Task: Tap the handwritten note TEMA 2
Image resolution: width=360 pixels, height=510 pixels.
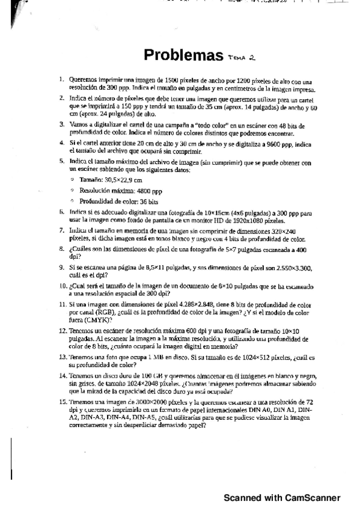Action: click(x=242, y=58)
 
